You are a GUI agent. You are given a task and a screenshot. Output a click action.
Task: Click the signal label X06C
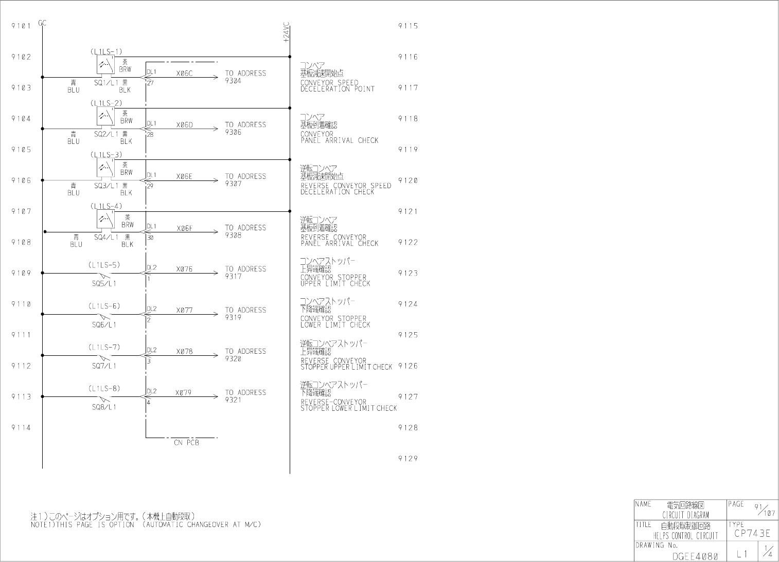click(x=184, y=74)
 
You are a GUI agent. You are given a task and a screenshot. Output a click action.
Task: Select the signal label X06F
click(x=184, y=228)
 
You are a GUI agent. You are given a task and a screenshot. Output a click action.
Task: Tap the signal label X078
click(x=184, y=352)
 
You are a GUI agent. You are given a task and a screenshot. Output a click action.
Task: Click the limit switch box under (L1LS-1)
click(x=105, y=65)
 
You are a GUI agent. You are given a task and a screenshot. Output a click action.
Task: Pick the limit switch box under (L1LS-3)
click(x=105, y=168)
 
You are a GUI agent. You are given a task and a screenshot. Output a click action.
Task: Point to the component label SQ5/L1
click(x=104, y=283)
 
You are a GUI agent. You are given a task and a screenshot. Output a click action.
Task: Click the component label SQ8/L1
click(x=104, y=407)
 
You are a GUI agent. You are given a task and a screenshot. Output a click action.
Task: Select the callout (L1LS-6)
click(x=104, y=306)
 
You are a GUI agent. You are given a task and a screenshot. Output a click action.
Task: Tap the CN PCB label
click(x=186, y=442)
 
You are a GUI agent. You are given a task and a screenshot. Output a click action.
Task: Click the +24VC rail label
click(x=287, y=32)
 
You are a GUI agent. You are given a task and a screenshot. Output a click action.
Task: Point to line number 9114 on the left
click(x=21, y=428)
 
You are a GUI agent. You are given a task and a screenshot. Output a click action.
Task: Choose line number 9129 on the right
click(x=408, y=459)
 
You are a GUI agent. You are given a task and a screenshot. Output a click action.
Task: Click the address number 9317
click(x=233, y=277)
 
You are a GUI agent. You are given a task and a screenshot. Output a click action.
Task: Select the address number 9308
click(x=233, y=235)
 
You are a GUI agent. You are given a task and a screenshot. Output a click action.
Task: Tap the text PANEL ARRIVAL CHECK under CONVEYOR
click(x=339, y=140)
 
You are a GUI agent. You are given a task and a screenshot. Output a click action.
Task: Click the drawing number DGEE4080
click(x=695, y=556)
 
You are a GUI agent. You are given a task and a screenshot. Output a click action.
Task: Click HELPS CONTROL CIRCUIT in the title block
click(x=685, y=536)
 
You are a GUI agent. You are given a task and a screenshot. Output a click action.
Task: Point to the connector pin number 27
click(x=150, y=83)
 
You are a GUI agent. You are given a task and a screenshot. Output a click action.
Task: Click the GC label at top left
click(x=42, y=23)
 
